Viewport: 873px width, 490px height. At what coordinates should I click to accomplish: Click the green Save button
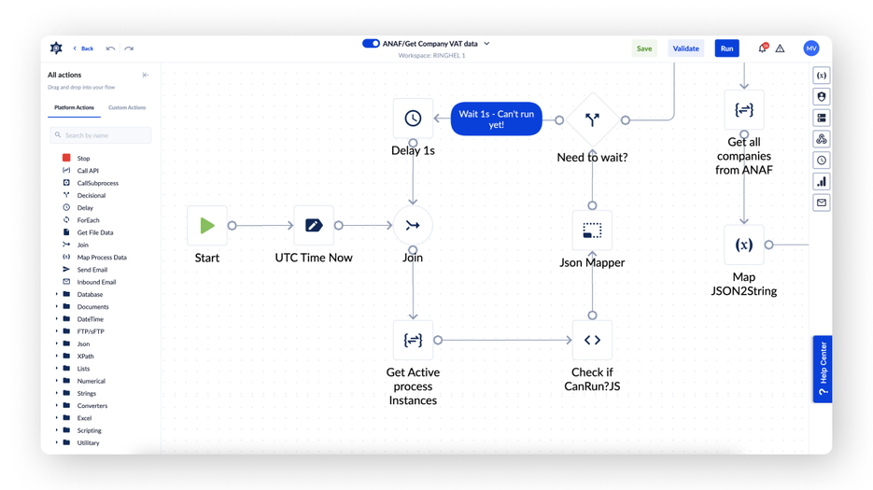point(644,49)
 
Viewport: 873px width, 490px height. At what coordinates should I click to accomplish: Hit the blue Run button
point(726,49)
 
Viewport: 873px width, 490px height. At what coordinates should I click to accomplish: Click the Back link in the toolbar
point(84,49)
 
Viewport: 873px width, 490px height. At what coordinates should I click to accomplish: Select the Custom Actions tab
point(127,108)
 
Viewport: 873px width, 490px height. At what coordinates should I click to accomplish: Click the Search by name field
point(101,135)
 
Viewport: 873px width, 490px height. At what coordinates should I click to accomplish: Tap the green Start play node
point(207,225)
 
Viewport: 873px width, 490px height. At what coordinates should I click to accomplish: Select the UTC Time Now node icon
point(314,225)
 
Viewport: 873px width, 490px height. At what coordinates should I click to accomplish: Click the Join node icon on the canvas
point(413,225)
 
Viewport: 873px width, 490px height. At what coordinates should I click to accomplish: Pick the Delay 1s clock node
point(413,119)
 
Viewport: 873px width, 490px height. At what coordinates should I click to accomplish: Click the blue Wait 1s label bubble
point(496,119)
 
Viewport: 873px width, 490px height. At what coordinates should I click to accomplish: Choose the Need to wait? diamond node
point(592,119)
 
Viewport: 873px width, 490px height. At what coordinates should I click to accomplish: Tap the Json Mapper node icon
point(592,231)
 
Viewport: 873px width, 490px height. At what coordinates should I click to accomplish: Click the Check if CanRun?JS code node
point(592,341)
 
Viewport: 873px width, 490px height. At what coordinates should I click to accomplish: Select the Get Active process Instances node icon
point(413,341)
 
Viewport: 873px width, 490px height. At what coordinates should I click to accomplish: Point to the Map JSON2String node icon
point(744,245)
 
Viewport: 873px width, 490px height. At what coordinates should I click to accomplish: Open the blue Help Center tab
point(823,369)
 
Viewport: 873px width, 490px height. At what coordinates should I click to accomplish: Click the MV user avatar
point(811,49)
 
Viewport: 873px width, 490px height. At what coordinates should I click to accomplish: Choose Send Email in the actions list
point(92,270)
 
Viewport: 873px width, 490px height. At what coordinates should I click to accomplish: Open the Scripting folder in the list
point(89,430)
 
